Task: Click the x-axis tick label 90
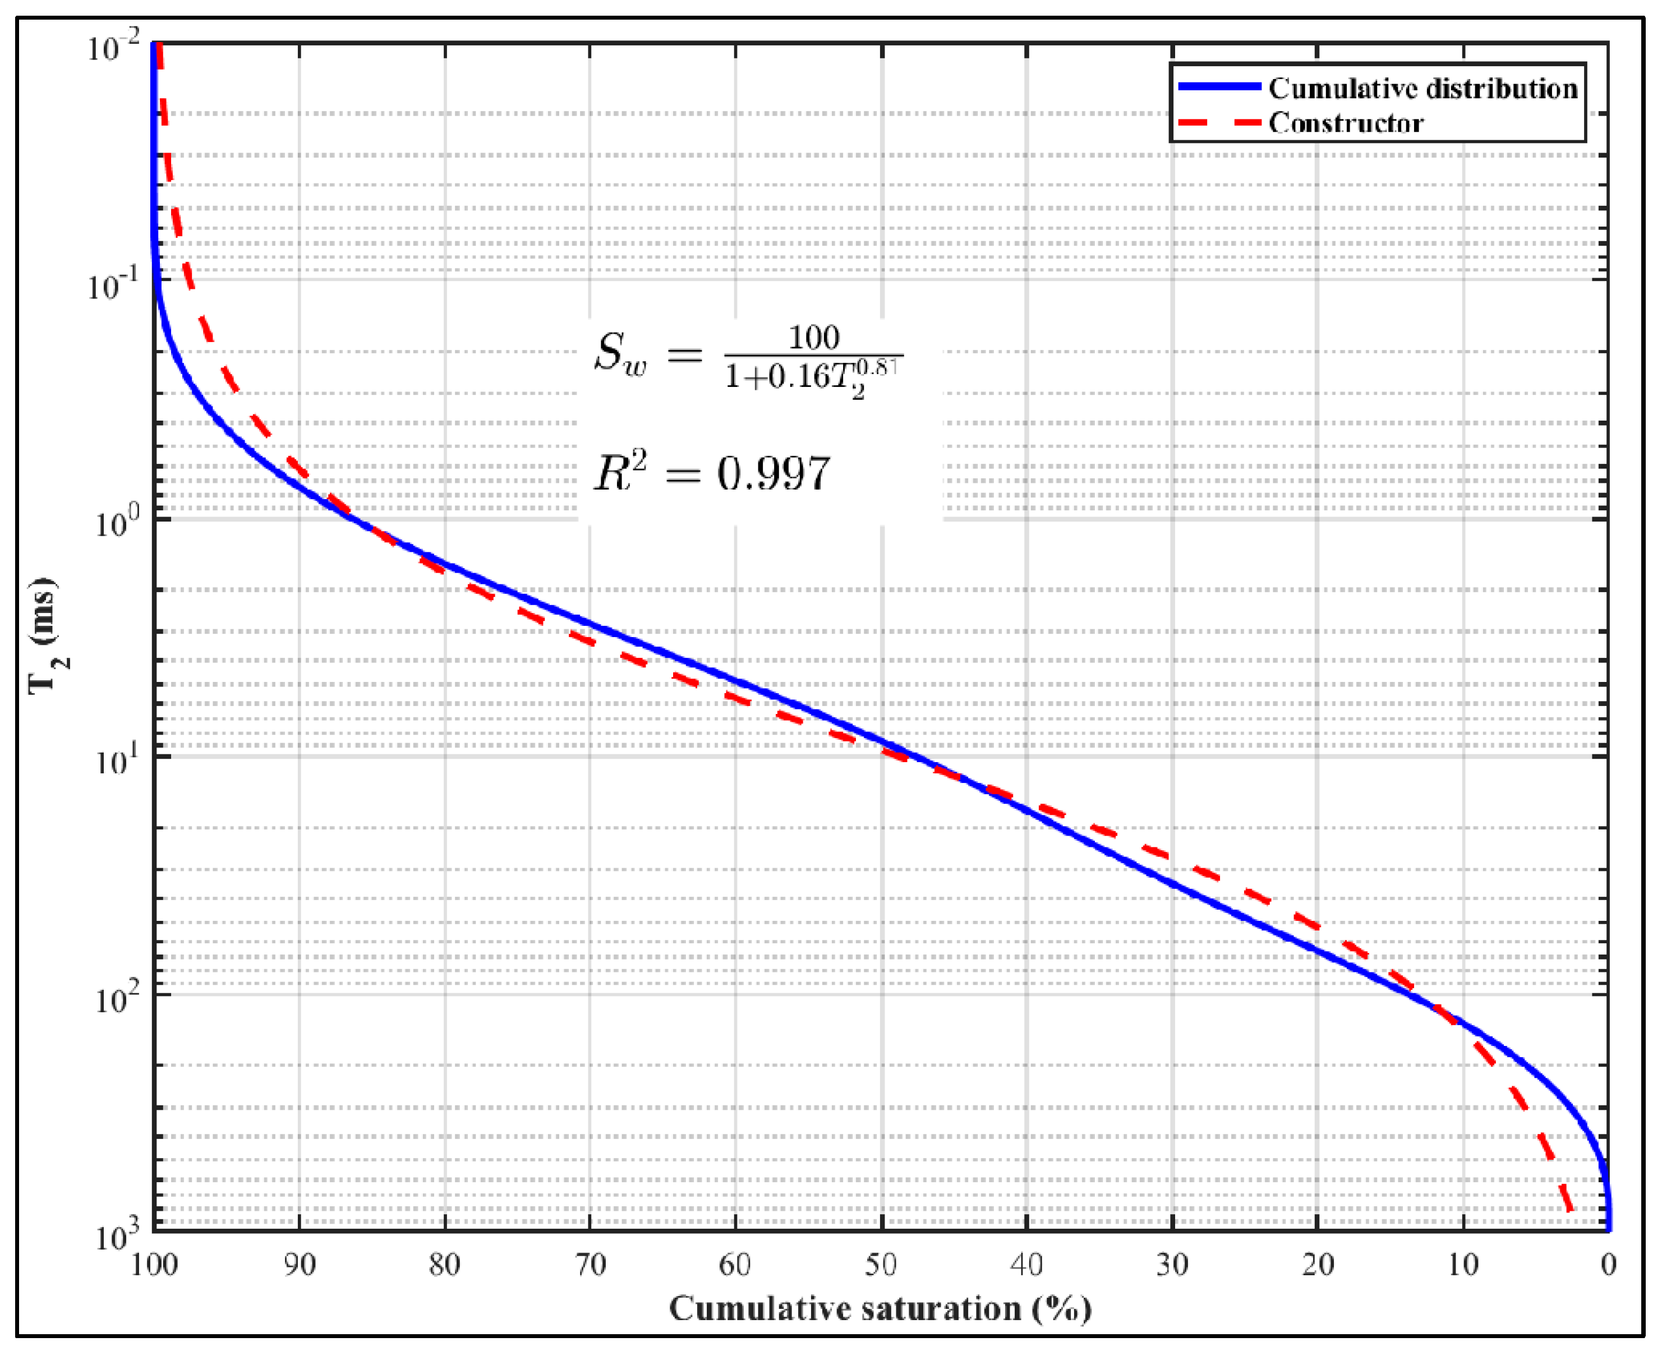click(299, 1265)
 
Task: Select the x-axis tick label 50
click(881, 1265)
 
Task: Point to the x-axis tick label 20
click(1317, 1265)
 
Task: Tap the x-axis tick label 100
click(154, 1265)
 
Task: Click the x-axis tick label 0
click(1608, 1265)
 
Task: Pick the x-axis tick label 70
click(590, 1265)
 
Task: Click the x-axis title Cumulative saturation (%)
click(881, 1309)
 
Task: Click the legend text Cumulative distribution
click(1423, 89)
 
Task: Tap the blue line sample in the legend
click(1219, 87)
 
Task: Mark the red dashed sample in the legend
click(1219, 122)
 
